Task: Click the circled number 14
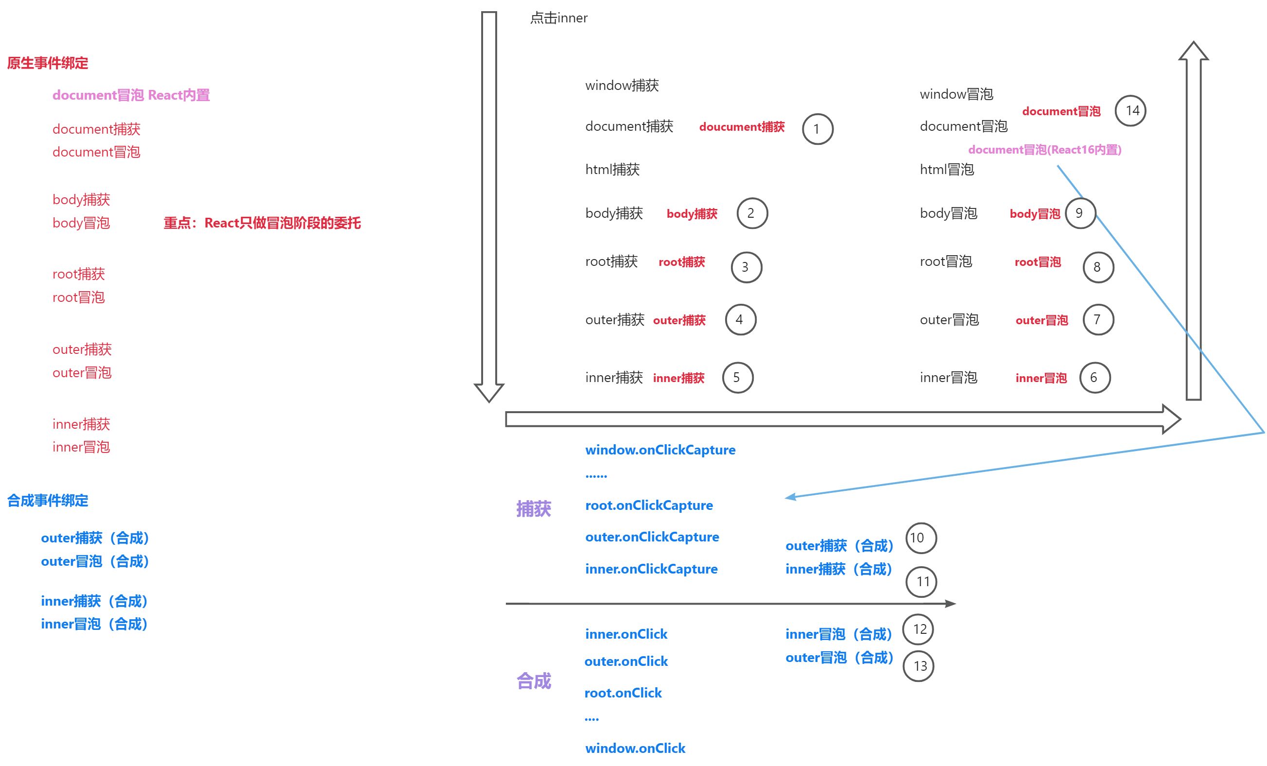coord(1130,111)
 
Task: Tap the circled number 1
coord(817,129)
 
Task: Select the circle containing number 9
coord(1080,213)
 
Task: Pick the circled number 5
coord(737,378)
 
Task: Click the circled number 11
coord(921,581)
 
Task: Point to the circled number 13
coord(919,666)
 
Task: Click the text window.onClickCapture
coord(660,450)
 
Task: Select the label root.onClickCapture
coord(649,505)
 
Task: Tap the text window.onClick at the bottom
coord(635,748)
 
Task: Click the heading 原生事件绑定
coord(47,63)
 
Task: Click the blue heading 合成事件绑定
coord(47,500)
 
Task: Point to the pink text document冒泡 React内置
coord(131,95)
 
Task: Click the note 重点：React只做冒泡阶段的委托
coord(262,223)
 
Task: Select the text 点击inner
coord(558,18)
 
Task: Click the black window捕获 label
coord(622,86)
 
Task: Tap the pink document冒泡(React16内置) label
coord(1044,150)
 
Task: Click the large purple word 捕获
coord(533,509)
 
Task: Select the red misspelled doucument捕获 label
coord(742,127)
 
